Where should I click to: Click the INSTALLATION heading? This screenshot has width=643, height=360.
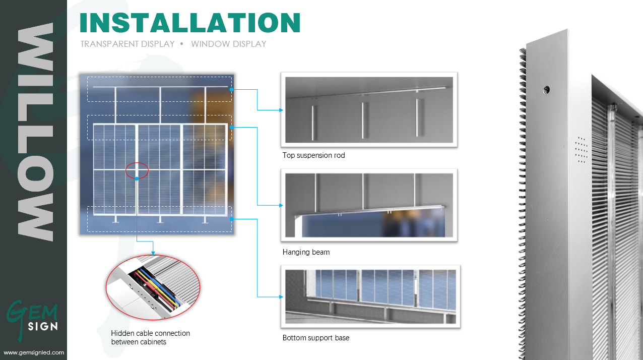point(190,23)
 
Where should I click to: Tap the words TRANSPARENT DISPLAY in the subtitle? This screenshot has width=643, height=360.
point(127,44)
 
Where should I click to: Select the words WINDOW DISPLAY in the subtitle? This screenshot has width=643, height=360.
point(228,44)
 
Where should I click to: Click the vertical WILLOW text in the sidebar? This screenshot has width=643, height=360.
point(35,132)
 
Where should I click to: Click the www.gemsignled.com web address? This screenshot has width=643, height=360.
point(34,352)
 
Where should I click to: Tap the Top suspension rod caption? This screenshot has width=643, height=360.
point(313,155)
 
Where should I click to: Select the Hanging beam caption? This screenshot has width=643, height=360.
point(306,252)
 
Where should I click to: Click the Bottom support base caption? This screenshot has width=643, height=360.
point(316,338)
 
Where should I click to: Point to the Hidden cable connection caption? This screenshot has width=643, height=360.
point(150,337)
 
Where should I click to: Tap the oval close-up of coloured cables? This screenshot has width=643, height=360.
point(153,287)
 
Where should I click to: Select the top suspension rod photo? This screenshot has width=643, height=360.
point(369,110)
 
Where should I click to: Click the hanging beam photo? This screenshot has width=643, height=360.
point(369,205)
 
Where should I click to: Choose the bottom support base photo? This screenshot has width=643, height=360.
point(370,296)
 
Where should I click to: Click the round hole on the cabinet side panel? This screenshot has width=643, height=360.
point(546,90)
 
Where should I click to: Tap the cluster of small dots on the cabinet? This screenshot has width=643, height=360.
point(582,150)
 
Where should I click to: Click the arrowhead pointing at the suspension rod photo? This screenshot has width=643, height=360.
point(281,110)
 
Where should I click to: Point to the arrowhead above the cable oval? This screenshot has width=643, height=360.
point(153,253)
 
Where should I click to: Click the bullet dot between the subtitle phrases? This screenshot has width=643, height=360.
point(182,44)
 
